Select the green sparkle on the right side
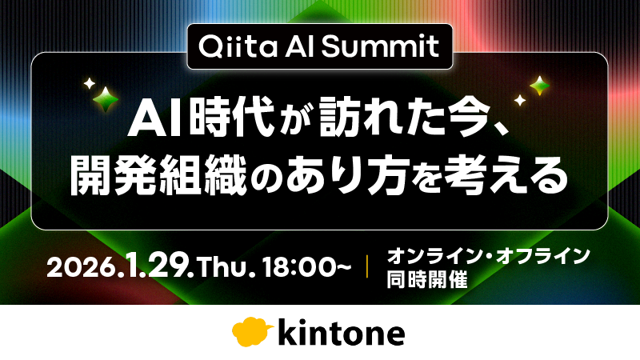point(540,85)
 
